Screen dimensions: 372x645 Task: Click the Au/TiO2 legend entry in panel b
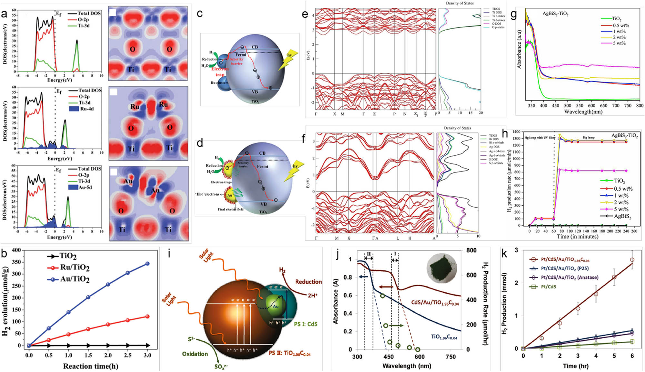point(74,279)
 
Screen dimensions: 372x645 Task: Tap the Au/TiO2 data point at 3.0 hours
point(147,263)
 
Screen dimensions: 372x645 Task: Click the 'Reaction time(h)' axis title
point(91,366)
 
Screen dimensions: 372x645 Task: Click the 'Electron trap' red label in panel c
point(220,72)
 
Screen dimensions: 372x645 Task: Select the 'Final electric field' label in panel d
point(230,209)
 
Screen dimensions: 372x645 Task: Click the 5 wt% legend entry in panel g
point(619,43)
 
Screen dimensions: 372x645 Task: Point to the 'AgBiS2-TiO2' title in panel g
point(555,14)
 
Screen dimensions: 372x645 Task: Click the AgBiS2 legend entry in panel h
point(622,216)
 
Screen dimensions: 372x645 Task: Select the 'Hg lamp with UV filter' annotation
point(540,138)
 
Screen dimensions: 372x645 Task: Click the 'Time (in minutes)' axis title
point(577,237)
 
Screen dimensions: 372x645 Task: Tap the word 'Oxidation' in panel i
point(195,354)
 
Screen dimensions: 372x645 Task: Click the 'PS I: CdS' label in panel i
point(305,324)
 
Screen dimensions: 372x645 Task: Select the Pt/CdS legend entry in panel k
point(548,287)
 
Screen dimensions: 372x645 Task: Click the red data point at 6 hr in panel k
point(632,260)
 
